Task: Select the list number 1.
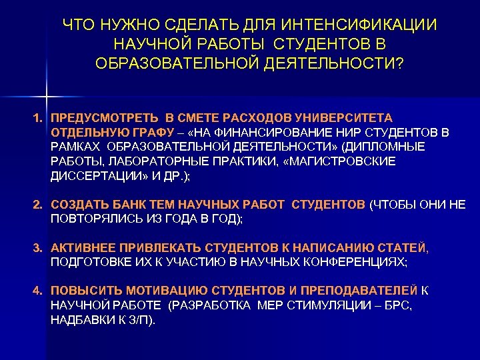tap(39, 117)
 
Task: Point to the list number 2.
tap(39, 204)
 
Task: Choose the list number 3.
tap(39, 248)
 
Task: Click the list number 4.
tap(39, 291)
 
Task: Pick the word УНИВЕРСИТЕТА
tap(351, 117)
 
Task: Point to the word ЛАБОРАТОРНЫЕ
tap(147, 162)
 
